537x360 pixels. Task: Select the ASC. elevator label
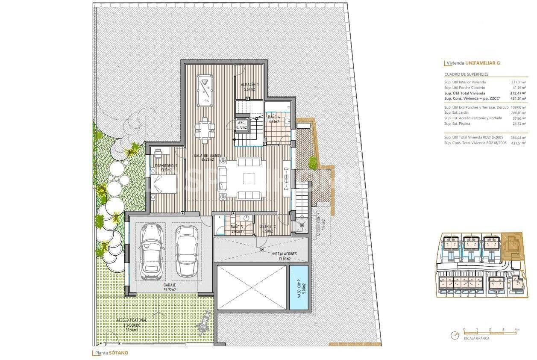point(242,124)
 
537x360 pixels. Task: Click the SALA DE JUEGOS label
point(207,157)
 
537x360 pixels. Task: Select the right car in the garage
point(187,250)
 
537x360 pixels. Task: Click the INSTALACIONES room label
point(285,256)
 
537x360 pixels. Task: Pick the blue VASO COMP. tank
point(299,287)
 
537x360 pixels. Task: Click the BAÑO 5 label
point(236,229)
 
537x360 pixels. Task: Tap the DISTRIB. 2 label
point(269,229)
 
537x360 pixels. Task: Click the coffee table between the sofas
point(248,178)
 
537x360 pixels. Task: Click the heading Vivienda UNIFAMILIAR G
point(472,63)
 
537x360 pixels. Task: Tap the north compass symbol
point(455,336)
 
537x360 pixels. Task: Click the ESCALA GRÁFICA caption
point(476,338)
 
